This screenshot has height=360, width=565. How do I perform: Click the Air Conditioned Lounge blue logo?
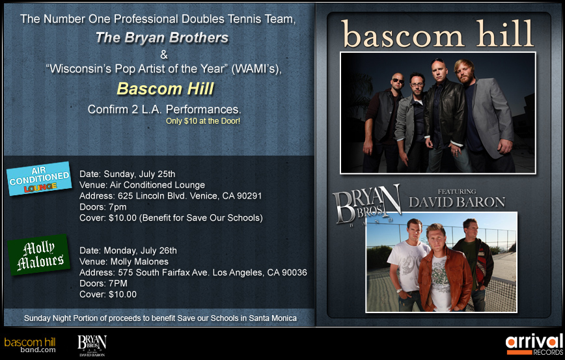coord(39,178)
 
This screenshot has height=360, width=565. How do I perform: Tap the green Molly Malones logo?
coord(39,255)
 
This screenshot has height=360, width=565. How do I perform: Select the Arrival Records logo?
coord(534,345)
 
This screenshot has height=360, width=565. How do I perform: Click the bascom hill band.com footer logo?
coord(30,345)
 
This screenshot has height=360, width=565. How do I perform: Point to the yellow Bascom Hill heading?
coord(165,89)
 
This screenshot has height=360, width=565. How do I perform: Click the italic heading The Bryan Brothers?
coord(162,38)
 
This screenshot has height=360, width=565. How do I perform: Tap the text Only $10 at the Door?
coord(203,121)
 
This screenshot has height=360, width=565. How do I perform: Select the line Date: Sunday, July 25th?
coord(127,174)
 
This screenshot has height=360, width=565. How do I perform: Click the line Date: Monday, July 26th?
coord(128,251)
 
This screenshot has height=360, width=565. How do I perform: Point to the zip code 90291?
coord(249,196)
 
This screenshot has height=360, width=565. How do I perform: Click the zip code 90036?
coord(294,272)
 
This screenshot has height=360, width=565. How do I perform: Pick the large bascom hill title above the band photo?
coord(438,34)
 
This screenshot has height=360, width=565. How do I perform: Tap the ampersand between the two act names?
coord(164,55)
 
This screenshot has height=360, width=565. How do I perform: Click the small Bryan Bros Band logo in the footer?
coord(92,346)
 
